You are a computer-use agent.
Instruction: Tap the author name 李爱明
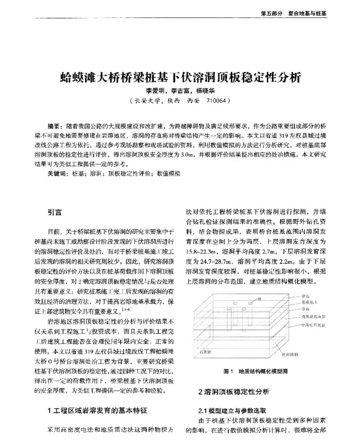[151, 91]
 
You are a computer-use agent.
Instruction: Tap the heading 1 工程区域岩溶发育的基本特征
[94, 410]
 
